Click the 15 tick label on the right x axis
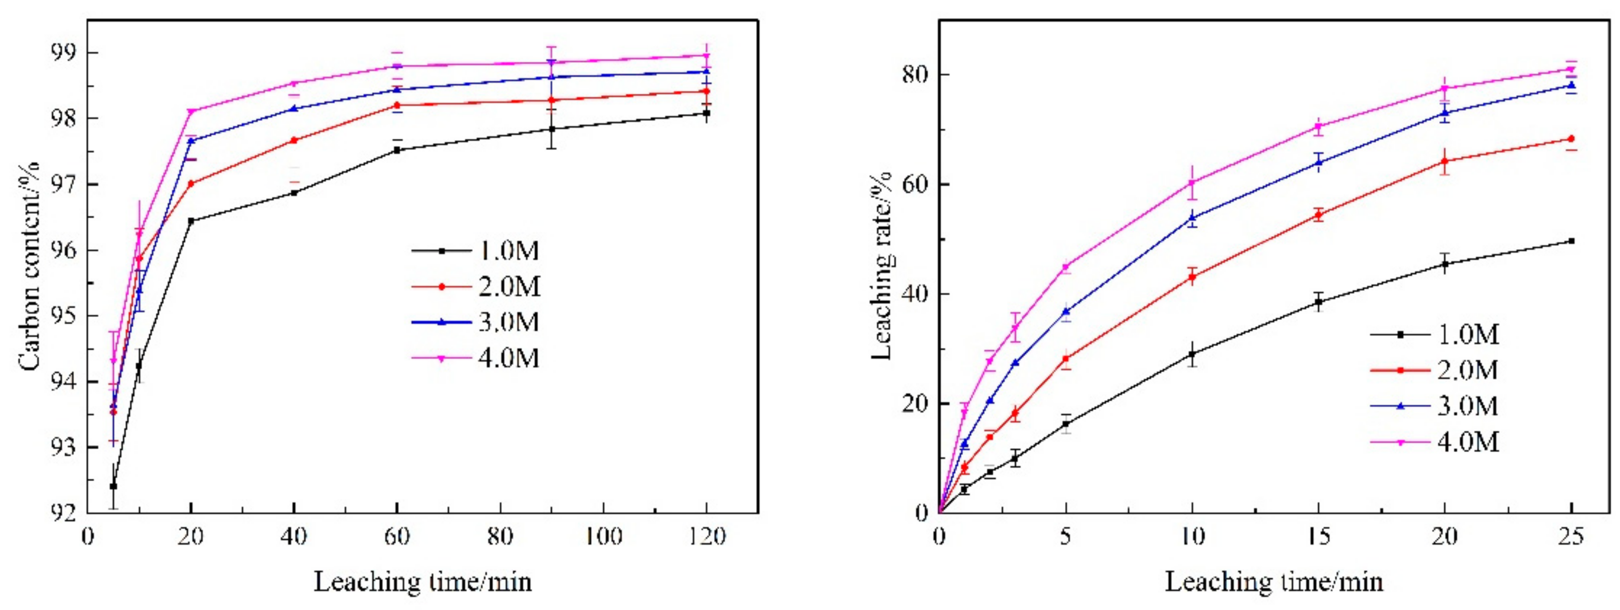point(1318,536)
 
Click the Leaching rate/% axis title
point(883,265)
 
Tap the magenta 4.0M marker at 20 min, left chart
point(191,111)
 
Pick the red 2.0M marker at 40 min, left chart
point(294,140)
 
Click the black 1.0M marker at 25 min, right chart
point(1571,241)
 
